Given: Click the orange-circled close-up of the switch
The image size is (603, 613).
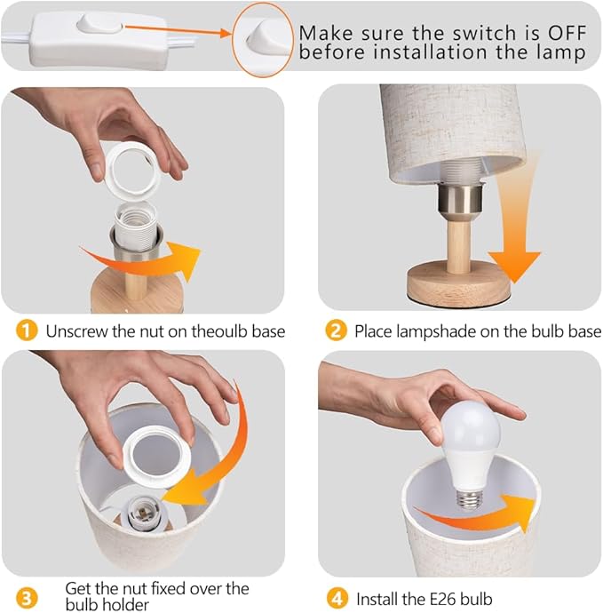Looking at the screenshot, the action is pos(263,39).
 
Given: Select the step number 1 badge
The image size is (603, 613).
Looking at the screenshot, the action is pos(27,330).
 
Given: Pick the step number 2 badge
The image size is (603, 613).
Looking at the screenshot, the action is pos(336,330).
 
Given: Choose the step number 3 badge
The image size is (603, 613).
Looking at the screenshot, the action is pos(27,599).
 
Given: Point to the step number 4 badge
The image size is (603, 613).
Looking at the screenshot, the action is pos(337,599).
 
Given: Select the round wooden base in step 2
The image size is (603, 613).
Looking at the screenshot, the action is pos(459,281).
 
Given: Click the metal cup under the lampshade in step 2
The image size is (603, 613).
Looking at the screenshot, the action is pos(460,199).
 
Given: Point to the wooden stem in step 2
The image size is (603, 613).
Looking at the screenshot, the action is pos(459,243).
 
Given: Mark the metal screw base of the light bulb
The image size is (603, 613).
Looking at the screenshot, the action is pos(470,499).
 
